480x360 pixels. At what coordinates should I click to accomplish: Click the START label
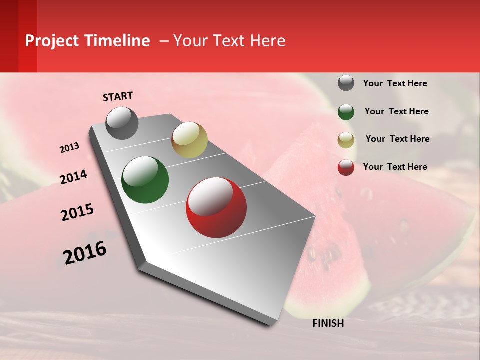118,96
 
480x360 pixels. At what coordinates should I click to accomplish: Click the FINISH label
328,323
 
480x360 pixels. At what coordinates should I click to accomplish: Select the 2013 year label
69,148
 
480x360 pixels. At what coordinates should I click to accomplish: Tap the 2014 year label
73,177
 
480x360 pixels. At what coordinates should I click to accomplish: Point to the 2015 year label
77,212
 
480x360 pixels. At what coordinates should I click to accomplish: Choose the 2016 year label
85,253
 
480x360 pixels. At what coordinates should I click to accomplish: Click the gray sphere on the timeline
122,123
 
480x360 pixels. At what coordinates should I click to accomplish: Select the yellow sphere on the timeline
189,140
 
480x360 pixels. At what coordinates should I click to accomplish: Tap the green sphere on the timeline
145,180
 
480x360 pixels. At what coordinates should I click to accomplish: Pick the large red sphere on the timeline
216,207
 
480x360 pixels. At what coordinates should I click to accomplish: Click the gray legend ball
346,83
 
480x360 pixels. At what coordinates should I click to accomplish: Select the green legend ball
346,112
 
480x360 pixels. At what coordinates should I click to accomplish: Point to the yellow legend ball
346,140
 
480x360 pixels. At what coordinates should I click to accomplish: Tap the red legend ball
346,167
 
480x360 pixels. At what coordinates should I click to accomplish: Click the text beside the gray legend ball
395,83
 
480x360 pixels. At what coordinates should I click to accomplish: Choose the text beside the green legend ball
396,111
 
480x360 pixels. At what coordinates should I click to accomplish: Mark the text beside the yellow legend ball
397,139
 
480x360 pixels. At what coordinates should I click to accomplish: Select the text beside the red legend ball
395,167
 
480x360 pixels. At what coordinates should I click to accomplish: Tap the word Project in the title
51,41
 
